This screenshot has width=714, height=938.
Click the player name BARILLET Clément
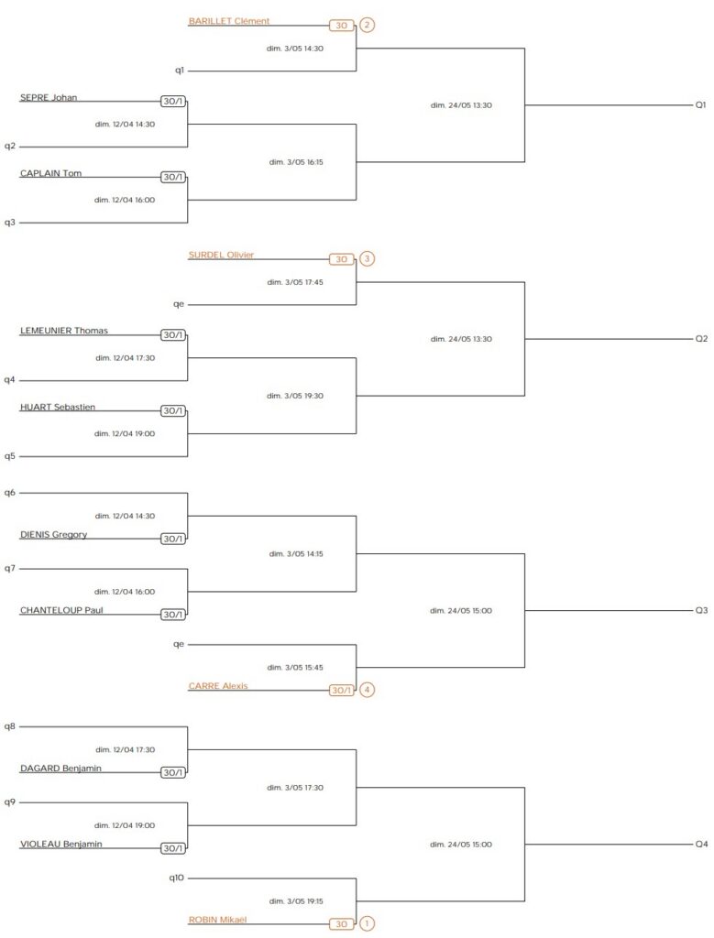(229, 21)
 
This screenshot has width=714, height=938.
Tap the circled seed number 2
(368, 25)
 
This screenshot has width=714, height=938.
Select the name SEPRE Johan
(49, 97)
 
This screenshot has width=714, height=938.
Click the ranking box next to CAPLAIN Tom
(174, 177)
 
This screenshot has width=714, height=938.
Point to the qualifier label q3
(10, 222)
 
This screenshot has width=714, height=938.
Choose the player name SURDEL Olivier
(221, 255)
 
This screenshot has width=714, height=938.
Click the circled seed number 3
(368, 259)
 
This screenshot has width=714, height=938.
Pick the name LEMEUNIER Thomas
(64, 331)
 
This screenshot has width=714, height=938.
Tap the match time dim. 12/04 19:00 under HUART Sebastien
(125, 433)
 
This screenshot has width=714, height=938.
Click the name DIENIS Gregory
(54, 534)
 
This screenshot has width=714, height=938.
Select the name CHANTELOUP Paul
(61, 610)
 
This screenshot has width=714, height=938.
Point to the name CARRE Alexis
(218, 685)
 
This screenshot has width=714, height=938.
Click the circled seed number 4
(368, 690)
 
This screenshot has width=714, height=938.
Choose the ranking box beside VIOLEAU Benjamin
(174, 848)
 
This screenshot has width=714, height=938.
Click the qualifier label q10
(177, 878)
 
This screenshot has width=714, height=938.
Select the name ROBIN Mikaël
(217, 919)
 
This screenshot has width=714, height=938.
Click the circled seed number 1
(368, 924)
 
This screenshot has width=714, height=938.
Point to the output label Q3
(701, 609)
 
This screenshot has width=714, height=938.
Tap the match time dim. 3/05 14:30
(295, 48)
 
